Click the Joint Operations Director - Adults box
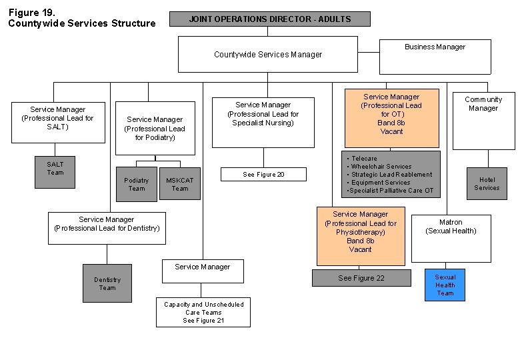(270, 19)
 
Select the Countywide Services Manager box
(268, 54)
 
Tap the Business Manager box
(435, 56)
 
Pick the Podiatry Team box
(136, 184)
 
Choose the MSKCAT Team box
(180, 184)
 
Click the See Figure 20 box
(263, 175)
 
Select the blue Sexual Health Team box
(445, 285)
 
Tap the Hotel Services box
(487, 183)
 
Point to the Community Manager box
(483, 120)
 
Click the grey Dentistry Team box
(107, 283)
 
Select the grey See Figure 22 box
(361, 278)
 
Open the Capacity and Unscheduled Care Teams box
(203, 312)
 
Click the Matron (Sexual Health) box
(451, 238)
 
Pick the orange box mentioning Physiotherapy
(360, 236)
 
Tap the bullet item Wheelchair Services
(381, 167)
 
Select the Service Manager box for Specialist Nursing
(263, 122)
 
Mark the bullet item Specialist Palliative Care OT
(391, 191)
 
